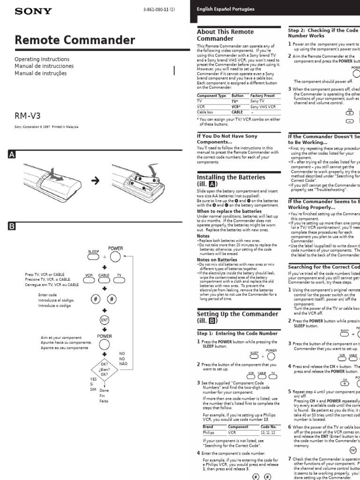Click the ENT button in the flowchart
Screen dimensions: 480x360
tap(104, 320)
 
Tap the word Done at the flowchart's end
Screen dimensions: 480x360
tap(104, 390)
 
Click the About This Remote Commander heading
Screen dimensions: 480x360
tap(225, 35)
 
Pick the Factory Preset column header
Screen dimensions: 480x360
tap(262, 95)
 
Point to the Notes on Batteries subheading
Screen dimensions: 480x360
tap(216, 260)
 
